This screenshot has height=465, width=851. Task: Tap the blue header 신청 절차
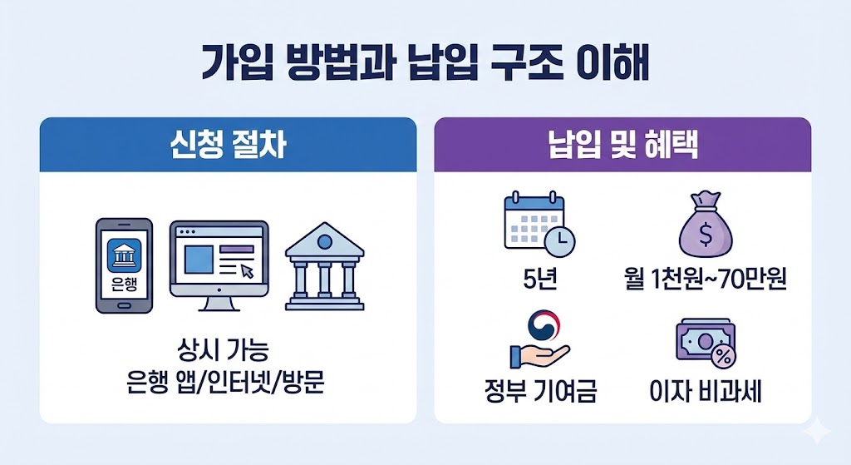228,145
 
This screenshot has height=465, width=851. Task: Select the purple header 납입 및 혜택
622,145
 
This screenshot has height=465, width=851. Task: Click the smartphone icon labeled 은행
125,265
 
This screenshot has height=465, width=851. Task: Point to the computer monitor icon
219,263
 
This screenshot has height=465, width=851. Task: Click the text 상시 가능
227,347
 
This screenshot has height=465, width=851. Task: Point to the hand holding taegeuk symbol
539,341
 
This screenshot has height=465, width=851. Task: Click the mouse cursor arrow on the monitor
247,270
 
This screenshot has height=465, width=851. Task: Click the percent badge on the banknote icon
722,356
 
